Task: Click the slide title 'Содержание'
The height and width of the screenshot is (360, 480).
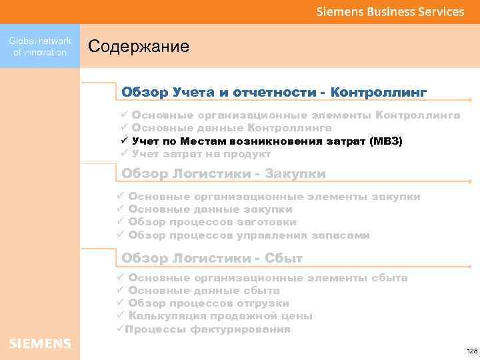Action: tap(139, 47)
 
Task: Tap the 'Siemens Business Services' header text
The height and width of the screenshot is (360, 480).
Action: tap(390, 11)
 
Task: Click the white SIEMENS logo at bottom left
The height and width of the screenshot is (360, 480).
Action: tap(40, 343)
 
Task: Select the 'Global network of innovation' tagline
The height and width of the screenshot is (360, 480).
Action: tap(40, 47)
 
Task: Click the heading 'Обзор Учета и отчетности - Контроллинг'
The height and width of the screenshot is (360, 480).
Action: tap(274, 91)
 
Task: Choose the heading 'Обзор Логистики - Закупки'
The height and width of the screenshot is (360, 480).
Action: tap(223, 174)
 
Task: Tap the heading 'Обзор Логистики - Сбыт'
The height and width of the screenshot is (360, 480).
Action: tap(212, 258)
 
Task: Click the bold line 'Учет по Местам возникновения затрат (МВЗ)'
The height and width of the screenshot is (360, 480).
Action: tap(267, 141)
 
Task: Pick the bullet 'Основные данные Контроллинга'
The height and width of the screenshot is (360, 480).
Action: tap(231, 128)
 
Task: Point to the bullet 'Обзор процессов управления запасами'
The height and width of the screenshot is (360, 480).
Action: tap(249, 235)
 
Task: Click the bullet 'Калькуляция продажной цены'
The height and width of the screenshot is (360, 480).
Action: tap(220, 316)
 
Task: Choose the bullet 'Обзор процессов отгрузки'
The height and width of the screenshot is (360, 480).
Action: tap(208, 303)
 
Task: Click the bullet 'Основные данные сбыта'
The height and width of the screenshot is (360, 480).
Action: tap(203, 291)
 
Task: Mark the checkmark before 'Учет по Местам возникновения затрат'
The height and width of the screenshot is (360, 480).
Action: tap(124, 141)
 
